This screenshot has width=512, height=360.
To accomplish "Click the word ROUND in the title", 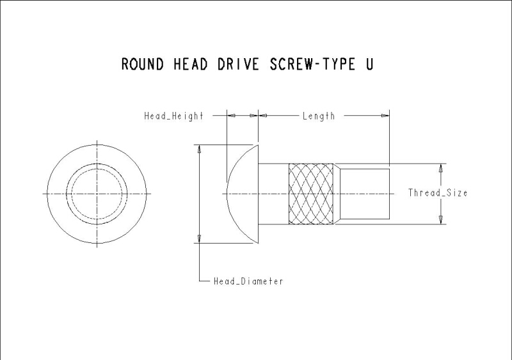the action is coord(142,64).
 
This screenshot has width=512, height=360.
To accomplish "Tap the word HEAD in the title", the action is coord(190,64).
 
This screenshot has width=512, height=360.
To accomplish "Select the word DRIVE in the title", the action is coord(238,64).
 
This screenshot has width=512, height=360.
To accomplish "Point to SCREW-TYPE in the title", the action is coord(312,64).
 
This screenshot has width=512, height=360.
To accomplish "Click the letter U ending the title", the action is coord(369,64).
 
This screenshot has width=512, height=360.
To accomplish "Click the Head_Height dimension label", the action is coord(173,116).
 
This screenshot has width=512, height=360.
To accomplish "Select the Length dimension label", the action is coord(319,116).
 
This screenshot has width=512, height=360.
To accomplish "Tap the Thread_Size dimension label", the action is coord(438,192).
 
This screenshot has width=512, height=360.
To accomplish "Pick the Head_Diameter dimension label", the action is coord(248,281).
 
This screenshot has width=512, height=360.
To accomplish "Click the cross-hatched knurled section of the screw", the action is coord(311,194).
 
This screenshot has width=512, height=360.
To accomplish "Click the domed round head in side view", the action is coord(243,194).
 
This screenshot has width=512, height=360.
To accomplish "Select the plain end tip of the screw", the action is coord(365,194).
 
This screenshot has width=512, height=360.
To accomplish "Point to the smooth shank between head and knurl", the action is coord(274,194).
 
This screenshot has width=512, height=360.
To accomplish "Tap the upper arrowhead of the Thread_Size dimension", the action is coord(441,168).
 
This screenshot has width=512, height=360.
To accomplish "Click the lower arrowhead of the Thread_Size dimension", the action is coord(441,220).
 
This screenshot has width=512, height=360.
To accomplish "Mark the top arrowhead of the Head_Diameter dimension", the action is coord(200,149).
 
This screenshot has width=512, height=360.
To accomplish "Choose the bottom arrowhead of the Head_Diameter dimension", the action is coord(200,239).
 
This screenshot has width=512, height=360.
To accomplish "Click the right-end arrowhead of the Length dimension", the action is coord(385,115).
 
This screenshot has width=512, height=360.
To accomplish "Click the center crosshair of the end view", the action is coord(97,194).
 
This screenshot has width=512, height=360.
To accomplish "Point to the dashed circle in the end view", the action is coord(97,169).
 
